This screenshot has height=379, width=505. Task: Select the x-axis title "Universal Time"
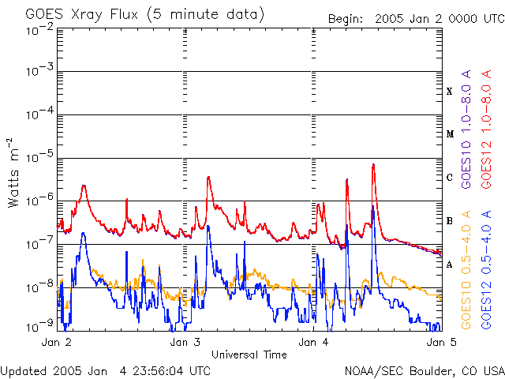click(x=249, y=355)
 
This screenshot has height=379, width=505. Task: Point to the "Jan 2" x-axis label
click(x=57, y=343)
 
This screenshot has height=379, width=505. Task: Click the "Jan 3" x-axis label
click(x=185, y=343)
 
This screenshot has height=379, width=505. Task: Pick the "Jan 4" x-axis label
click(x=314, y=343)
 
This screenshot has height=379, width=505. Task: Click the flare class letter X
click(x=450, y=92)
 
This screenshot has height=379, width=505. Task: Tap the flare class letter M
click(x=450, y=134)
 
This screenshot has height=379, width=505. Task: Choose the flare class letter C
click(x=450, y=178)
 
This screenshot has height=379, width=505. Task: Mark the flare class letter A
click(x=450, y=265)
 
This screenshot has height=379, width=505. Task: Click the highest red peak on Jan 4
click(x=372, y=164)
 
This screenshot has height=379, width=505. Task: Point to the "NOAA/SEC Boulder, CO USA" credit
click(x=424, y=370)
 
